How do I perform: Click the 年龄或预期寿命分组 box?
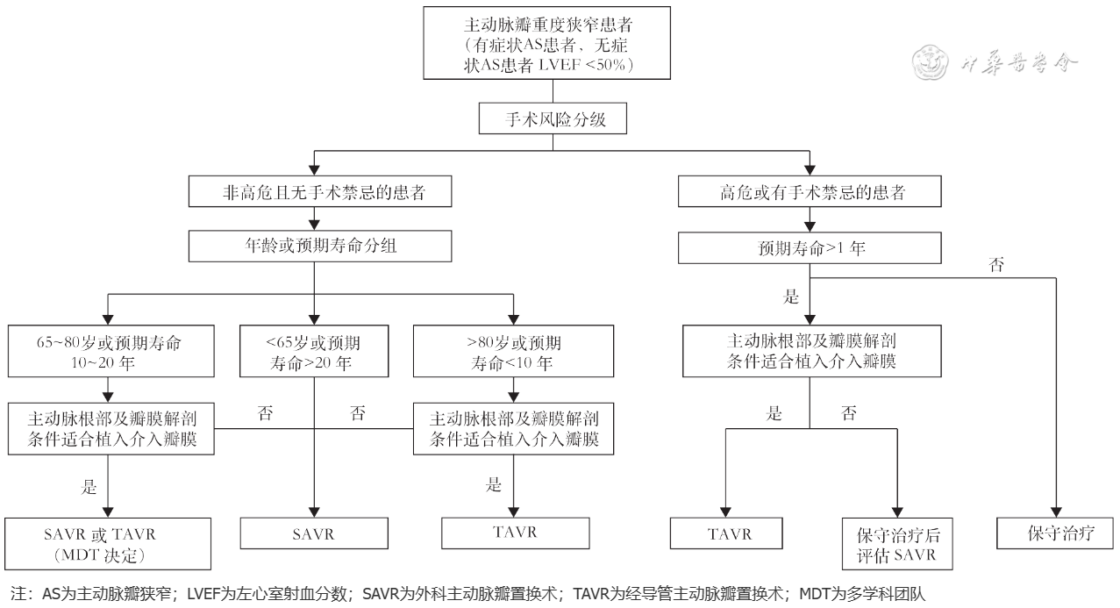tap(314, 247)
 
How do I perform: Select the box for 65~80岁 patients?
tap(108, 349)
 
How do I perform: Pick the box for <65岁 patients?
tap(314, 349)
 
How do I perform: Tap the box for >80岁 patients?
tap(513, 349)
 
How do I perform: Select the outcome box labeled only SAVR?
tap(314, 533)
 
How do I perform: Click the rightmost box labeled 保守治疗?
tap(1056, 533)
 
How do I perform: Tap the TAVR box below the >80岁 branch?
tap(513, 533)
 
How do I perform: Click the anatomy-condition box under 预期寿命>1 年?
tap(811, 351)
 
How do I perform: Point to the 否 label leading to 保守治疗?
tap(996, 264)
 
